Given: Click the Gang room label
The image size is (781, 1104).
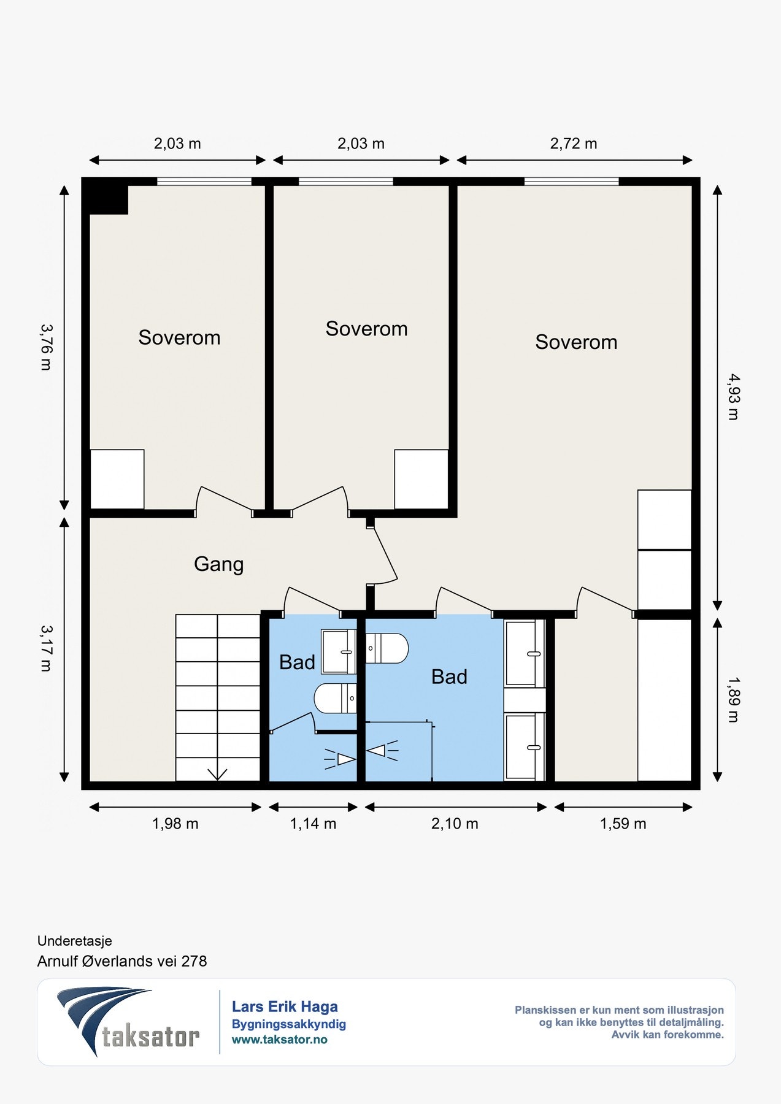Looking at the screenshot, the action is coord(219,564).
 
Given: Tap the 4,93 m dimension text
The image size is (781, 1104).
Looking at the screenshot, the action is coord(733,397).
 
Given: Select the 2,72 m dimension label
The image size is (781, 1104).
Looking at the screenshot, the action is coord(574,144).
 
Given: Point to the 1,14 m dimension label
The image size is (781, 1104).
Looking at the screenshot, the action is coord(313,824).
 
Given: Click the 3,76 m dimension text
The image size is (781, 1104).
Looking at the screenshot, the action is coord(46,347).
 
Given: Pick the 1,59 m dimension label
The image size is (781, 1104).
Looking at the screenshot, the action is coord(623,824).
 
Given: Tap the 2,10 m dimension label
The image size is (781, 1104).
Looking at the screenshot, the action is coord(455,824).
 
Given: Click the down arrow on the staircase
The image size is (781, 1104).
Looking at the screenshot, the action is coord(218,775).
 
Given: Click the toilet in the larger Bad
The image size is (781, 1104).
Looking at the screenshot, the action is coord(387,648).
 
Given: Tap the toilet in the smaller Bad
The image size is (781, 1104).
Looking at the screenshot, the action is coord(335,698).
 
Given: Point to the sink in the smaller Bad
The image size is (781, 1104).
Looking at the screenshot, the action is coord(339,651).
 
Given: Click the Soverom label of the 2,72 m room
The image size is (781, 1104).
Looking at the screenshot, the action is coord(576,342).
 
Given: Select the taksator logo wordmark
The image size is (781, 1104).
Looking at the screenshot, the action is coord(150,1037).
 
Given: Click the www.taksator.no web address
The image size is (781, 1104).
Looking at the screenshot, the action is coord(280,1040).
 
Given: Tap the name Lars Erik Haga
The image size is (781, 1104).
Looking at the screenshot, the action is coord(285,1006).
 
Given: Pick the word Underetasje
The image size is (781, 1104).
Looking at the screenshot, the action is coord(75,941).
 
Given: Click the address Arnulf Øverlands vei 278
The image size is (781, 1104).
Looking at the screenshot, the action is coord(122,961).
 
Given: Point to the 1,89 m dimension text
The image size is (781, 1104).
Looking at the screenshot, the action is coord(733,700).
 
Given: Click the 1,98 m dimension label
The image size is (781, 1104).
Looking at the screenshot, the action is coord(175,824).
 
